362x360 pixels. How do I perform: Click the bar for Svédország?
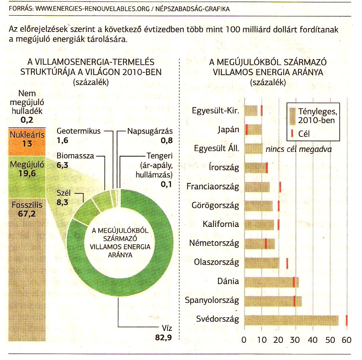point(291,320)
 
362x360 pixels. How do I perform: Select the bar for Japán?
point(253,130)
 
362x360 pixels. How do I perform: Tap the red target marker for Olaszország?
point(287,263)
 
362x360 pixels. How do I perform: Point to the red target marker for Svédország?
point(346,320)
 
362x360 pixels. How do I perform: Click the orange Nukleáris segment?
point(27,142)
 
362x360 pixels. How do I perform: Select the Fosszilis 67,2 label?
point(27,209)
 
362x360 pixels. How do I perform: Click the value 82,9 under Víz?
point(163,338)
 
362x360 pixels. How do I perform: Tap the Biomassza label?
point(75,156)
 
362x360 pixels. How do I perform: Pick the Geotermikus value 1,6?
point(63,140)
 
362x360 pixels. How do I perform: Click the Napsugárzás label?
point(150,131)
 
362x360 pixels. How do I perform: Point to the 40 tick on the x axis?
point(312,340)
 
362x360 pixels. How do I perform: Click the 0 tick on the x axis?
point(244,340)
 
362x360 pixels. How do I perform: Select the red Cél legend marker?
point(292,133)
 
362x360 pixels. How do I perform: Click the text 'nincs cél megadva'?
point(299,149)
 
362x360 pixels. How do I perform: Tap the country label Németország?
point(214,243)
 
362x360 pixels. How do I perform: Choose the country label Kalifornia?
point(221,224)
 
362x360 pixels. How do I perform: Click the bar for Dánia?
point(272,282)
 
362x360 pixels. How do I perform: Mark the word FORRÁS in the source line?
point(21,9)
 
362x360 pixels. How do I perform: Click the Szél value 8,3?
point(63,202)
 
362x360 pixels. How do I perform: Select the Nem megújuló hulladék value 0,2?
point(27,120)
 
